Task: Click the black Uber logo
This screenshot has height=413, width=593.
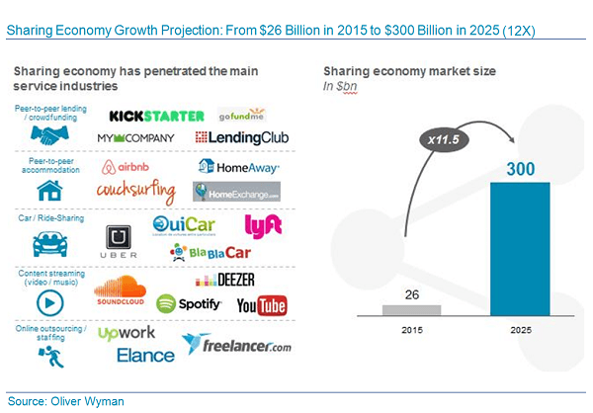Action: [119, 241]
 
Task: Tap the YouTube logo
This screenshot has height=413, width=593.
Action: [262, 306]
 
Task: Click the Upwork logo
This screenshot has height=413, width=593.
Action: [127, 334]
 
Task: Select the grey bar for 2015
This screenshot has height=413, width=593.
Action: [412, 310]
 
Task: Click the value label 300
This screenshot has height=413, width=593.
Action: [519, 169]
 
